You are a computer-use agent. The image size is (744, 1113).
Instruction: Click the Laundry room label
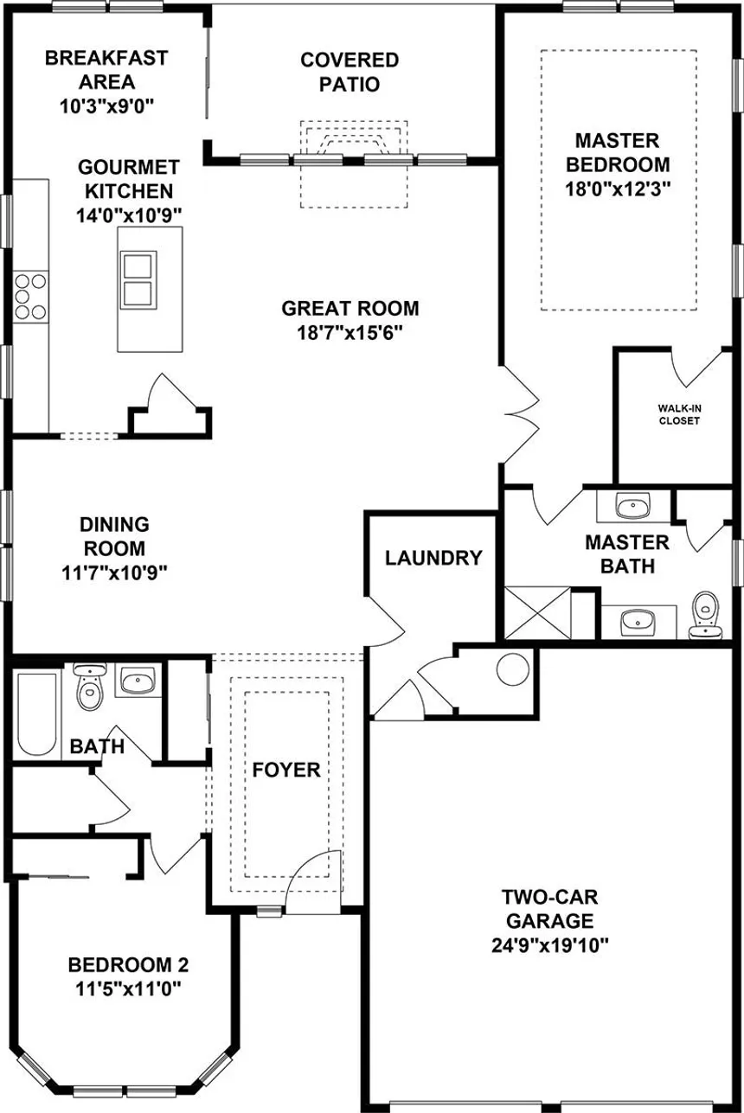[433, 558]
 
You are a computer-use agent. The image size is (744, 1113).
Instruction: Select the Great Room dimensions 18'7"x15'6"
[350, 332]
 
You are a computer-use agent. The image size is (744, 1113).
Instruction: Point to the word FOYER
[286, 769]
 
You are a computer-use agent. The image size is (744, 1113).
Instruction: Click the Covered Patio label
[350, 72]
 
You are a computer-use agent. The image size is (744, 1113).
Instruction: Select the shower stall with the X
[537, 612]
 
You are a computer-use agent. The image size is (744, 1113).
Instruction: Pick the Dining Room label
[114, 536]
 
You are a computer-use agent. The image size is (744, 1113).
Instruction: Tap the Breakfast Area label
[106, 71]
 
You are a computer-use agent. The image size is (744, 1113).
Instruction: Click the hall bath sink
[137, 682]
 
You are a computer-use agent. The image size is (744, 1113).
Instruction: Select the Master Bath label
[627, 554]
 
